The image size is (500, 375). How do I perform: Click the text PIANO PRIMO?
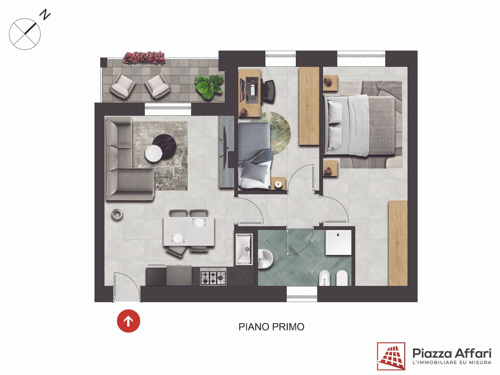tap(271, 327)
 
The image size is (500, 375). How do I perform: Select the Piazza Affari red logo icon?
tap(391, 357)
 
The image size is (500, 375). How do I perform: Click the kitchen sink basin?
tap(244, 249)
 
